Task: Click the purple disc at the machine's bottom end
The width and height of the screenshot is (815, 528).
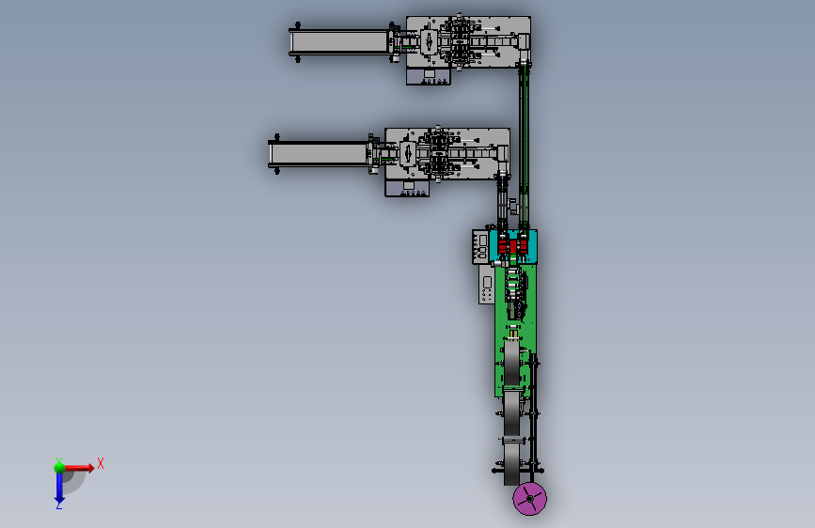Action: point(529,498)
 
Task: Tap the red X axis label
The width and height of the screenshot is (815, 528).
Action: point(101,463)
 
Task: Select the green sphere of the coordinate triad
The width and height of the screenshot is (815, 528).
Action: point(59,467)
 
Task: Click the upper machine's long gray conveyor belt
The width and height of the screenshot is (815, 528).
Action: point(339,41)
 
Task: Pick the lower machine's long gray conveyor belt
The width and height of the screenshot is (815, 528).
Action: point(318,154)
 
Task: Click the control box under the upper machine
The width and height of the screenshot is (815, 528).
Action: point(429,76)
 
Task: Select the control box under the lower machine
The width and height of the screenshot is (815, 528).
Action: point(408,188)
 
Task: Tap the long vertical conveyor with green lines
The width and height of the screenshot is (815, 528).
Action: point(524,146)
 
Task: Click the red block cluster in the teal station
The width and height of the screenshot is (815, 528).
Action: point(513,245)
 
